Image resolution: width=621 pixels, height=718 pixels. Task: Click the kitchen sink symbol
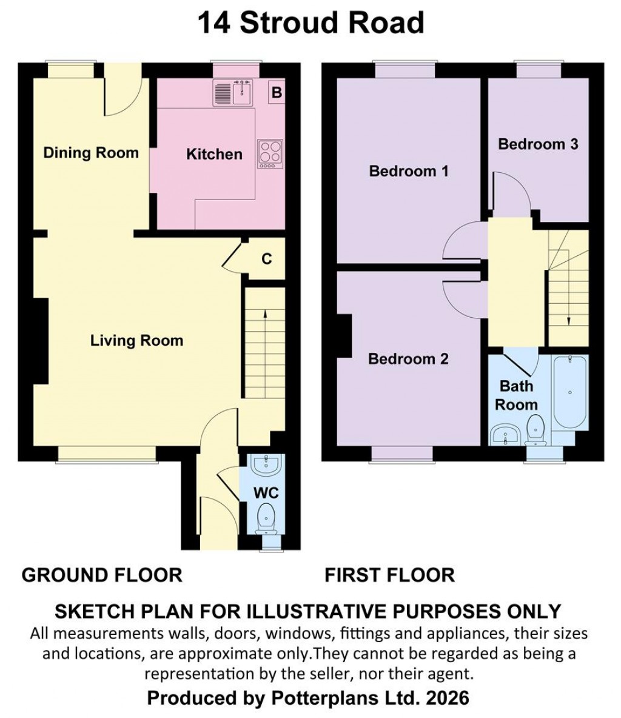point(234,93)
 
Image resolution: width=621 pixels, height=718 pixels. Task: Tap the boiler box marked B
point(277,93)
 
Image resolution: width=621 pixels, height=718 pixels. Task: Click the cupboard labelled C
point(266,259)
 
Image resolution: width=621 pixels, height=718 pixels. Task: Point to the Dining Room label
point(91,153)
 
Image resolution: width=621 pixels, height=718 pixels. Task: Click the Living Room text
point(136,340)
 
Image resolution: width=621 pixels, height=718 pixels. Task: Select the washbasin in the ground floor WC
point(266,466)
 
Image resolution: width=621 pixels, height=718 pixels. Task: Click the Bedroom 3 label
point(538,144)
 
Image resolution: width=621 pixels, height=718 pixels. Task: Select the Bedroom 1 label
point(409,171)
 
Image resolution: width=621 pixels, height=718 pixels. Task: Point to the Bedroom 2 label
point(408,359)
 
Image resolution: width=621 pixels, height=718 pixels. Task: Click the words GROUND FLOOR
point(102,575)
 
